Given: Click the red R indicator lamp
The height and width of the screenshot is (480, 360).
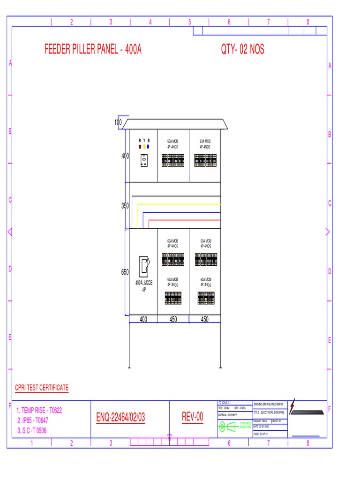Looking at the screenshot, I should [x=140, y=147].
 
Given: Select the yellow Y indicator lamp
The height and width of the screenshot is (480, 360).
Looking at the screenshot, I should [x=144, y=147].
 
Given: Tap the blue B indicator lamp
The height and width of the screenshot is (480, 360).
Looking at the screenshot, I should [x=148, y=147].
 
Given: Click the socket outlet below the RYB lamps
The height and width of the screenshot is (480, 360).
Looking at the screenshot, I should [x=144, y=161].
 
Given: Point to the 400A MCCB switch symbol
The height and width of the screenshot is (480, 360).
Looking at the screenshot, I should [x=144, y=267].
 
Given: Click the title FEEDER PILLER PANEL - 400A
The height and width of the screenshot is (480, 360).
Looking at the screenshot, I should [x=93, y=49].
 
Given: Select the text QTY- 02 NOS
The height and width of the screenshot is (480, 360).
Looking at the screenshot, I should [x=242, y=49].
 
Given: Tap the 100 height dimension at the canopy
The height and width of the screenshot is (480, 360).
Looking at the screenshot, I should [x=118, y=123].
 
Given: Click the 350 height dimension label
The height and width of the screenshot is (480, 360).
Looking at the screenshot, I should [x=125, y=206].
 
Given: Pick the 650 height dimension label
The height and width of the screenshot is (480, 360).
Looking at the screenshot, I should [x=125, y=272].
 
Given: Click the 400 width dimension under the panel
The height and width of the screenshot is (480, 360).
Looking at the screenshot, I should [x=143, y=320].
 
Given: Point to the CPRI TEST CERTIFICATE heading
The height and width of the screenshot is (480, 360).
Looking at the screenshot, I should [x=42, y=388].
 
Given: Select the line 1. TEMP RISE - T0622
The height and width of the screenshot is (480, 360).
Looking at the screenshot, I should [x=39, y=410].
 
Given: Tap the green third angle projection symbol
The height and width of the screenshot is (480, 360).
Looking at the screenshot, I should [x=230, y=426].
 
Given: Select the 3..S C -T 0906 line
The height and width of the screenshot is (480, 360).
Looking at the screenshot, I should [x=32, y=431].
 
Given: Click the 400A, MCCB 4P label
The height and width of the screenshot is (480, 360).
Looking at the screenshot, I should [x=144, y=286].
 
